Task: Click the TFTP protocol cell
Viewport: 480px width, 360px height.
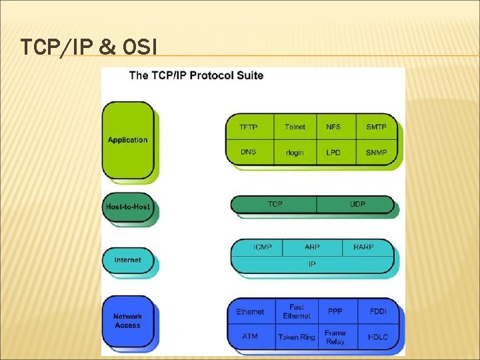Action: click(x=248, y=127)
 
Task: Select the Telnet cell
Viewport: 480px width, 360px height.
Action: click(x=295, y=127)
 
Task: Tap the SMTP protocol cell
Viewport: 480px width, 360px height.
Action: click(x=376, y=127)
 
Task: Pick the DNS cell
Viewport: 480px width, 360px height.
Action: click(x=248, y=152)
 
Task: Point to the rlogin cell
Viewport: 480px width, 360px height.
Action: click(x=295, y=152)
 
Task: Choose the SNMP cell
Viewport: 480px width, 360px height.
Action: click(x=376, y=152)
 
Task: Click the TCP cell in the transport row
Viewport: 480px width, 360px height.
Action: click(x=275, y=204)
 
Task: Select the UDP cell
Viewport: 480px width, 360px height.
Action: click(x=357, y=204)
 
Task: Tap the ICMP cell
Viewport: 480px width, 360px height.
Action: click(x=262, y=247)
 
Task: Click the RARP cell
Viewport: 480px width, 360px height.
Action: click(x=363, y=247)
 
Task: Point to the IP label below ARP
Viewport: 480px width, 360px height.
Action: click(x=312, y=264)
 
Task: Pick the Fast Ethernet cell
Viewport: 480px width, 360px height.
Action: click(x=297, y=311)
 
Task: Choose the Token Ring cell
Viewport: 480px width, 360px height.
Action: click(x=297, y=337)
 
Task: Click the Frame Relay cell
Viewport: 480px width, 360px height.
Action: click(x=335, y=337)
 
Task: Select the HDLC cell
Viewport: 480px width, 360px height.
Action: click(x=377, y=337)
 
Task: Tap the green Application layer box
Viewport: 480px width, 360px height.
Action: click(x=128, y=140)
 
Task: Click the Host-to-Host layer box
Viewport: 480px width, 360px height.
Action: click(x=128, y=207)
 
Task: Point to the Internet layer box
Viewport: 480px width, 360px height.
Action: click(x=128, y=260)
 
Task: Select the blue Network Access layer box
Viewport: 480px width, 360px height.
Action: click(x=128, y=321)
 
